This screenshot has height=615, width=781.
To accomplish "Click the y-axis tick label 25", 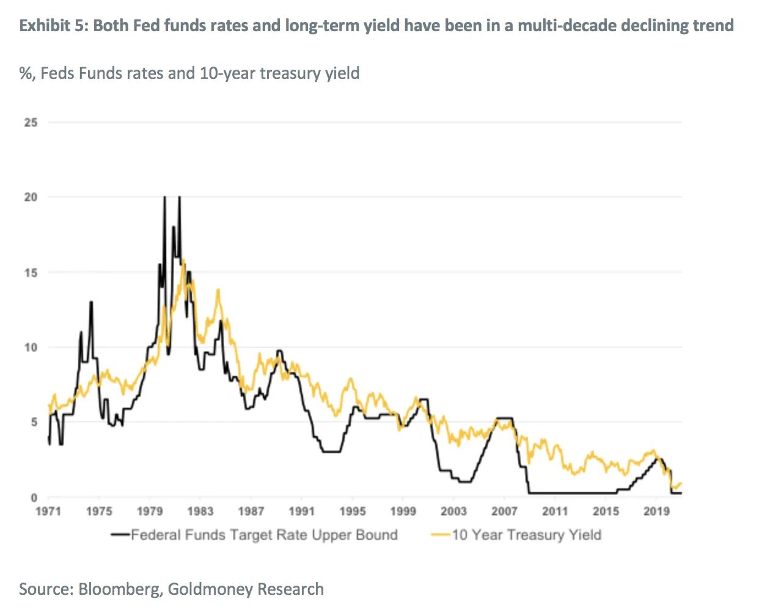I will (x=31, y=122).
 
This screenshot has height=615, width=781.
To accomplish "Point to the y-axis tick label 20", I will (x=31, y=197).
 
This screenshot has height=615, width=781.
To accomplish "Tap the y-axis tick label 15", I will (x=31, y=273).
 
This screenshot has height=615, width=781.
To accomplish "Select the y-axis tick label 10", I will (x=31, y=347).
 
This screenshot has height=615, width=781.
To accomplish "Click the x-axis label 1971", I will (x=48, y=511).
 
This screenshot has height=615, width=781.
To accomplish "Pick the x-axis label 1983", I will (x=200, y=511).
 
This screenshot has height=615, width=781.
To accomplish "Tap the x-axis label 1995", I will (x=353, y=511).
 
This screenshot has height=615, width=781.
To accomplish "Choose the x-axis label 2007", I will (x=504, y=511).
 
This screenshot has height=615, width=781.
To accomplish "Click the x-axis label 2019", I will (x=656, y=511).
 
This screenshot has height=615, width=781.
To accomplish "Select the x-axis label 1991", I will (x=302, y=511).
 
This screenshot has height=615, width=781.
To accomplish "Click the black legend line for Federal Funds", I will (x=120, y=535).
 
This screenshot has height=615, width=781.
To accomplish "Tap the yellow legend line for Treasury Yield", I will (x=441, y=535).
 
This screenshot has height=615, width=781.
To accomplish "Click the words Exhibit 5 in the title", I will (x=53, y=26).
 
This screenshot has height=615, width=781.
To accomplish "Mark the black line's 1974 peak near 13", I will (x=91, y=302).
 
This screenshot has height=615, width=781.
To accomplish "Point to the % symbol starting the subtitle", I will (x=26, y=73).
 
